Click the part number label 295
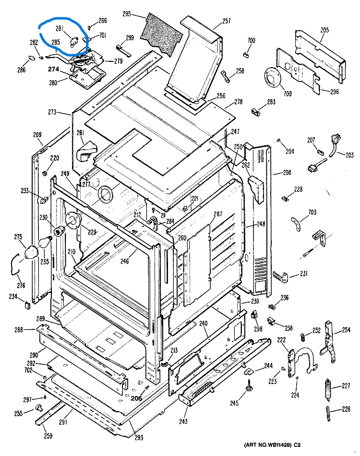tap(127, 14)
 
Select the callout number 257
tap(227, 22)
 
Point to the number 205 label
tap(324, 30)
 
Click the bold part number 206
tap(136, 398)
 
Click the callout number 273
tap(52, 113)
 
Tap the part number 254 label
tap(347, 330)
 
